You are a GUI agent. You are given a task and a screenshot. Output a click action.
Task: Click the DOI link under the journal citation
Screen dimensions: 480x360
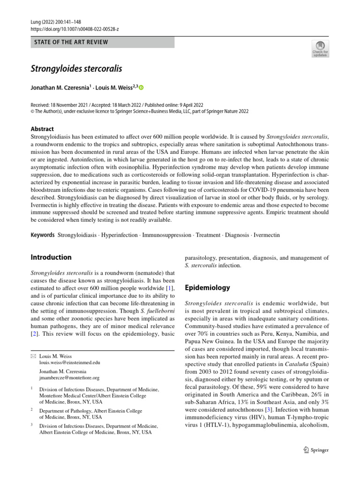(75, 29)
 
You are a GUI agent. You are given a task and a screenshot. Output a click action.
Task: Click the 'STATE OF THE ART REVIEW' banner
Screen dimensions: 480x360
(102, 42)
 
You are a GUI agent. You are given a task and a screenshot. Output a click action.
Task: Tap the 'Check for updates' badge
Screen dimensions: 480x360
(321, 48)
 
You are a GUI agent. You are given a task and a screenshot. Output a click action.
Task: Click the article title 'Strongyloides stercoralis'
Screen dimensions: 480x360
(76, 68)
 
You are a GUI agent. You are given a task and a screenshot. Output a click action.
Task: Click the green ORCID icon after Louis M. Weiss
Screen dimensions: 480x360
(142, 88)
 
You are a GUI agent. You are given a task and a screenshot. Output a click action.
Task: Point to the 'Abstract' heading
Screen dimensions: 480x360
(42, 129)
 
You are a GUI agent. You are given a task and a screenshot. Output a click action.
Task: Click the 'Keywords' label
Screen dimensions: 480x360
(43, 234)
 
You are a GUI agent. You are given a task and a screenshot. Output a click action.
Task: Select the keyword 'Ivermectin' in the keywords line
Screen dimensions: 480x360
(268, 234)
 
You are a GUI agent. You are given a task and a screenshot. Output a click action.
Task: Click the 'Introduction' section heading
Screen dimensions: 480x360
(51, 257)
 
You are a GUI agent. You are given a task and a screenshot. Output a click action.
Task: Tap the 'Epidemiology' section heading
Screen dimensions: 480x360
(208, 288)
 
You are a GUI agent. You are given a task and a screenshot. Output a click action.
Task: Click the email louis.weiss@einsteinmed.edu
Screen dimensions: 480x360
(69, 363)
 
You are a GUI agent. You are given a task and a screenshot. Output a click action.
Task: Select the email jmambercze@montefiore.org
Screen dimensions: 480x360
(69, 377)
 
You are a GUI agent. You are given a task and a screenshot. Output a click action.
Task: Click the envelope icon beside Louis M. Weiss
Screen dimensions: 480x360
(33, 356)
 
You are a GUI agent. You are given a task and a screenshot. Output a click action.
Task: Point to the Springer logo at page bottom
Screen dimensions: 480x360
(316, 450)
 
